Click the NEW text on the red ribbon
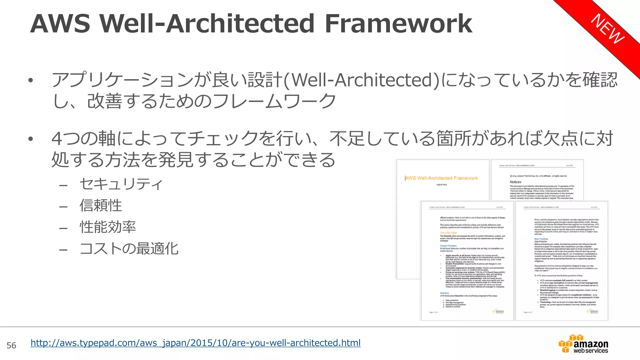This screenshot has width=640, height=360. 608,29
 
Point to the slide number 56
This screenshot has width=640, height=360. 12,345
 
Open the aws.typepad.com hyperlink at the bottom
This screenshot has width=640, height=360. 195,343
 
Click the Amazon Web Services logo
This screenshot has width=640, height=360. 583,344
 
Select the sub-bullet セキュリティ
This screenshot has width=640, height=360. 121,184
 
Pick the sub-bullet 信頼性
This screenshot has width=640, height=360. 101,206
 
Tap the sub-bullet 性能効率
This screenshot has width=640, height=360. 108,227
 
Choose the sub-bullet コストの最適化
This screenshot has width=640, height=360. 129,249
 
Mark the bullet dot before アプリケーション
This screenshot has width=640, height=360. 30,81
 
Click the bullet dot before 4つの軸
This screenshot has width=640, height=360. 30,139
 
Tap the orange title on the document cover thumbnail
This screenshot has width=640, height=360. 441,178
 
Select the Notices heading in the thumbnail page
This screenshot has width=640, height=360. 516,182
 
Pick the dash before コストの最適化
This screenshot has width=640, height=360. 63,250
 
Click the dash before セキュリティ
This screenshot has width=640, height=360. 63,185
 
